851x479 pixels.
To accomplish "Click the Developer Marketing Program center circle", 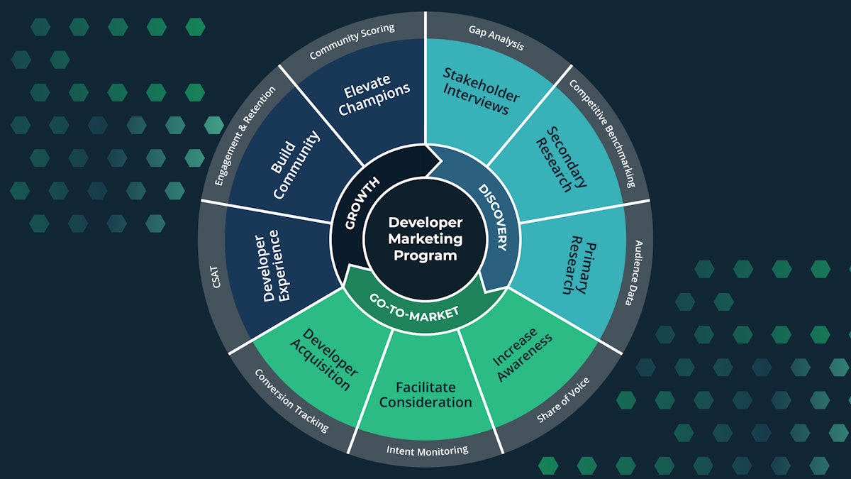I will [x=425, y=240].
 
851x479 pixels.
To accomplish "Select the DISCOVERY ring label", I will [x=492, y=217].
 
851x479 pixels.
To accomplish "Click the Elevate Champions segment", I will [x=374, y=99].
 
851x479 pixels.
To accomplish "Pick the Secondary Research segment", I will [x=560, y=159].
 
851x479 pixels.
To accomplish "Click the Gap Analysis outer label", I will [x=496, y=37].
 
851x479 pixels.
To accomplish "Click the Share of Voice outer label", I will [x=563, y=400].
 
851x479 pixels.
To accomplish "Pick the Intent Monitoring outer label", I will [x=427, y=450].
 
